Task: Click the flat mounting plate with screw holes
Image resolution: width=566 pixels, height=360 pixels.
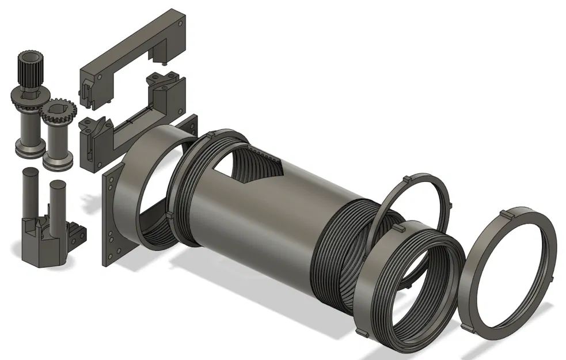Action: click(x=109, y=219)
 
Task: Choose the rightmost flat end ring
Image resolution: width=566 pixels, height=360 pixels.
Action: click(x=510, y=271)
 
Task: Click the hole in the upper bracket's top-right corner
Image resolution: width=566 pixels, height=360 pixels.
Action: click(x=182, y=25)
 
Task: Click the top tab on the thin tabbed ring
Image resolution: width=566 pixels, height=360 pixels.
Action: click(x=407, y=178)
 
